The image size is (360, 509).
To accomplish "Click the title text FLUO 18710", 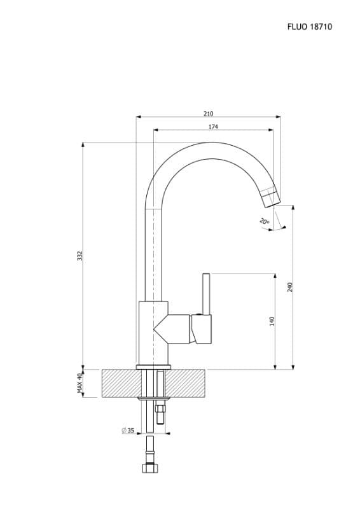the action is pyautogui.click(x=309, y=27).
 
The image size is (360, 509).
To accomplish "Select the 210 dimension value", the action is pyautogui.click(x=209, y=114).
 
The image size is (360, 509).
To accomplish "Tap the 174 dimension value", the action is pyautogui.click(x=213, y=127).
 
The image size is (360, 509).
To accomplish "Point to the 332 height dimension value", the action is pyautogui.click(x=80, y=256).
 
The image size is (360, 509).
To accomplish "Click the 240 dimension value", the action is pyautogui.click(x=290, y=288).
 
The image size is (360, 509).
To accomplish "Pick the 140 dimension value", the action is pyautogui.click(x=272, y=321).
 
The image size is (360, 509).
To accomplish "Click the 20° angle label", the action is pyautogui.click(x=264, y=221).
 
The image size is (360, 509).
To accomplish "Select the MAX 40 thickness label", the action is pyautogui.click(x=80, y=384).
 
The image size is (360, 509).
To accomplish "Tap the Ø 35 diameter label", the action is pyautogui.click(x=128, y=431).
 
